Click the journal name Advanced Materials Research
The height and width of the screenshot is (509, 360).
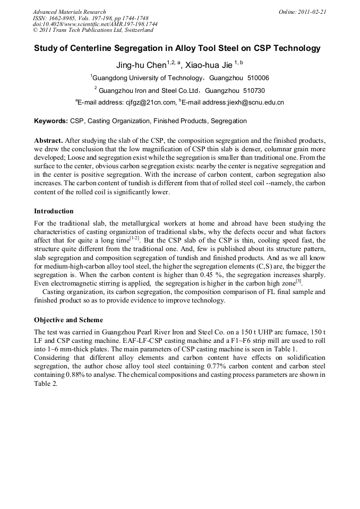69,12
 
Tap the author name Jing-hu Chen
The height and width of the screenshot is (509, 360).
141,65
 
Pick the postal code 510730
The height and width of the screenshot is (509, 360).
250,90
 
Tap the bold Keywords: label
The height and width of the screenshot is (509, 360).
51,121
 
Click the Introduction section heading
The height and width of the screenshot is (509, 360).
54,211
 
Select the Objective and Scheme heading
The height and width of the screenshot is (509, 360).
68,320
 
